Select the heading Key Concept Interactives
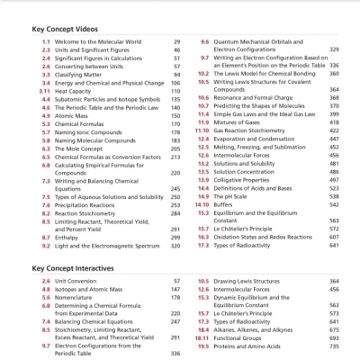pyautogui.click(x=74, y=268)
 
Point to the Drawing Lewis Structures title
pyautogui.click(x=248, y=282)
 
